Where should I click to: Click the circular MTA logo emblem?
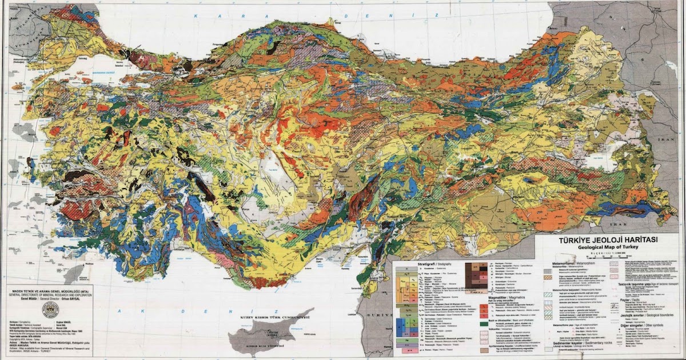tap(50, 309)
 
